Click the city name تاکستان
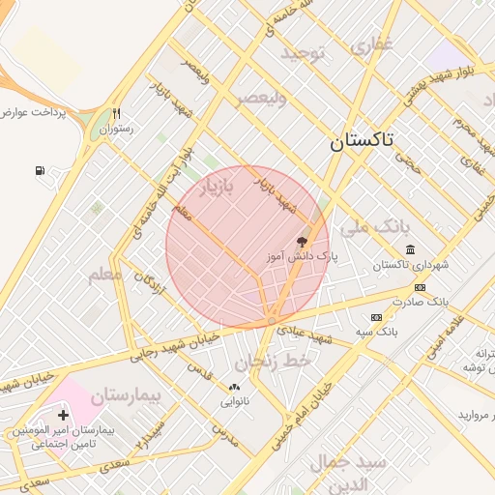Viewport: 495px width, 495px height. coord(362,140)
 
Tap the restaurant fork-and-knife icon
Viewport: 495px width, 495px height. coord(117,113)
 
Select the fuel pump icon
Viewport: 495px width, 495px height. coord(40,171)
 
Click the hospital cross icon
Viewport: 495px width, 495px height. coord(64,415)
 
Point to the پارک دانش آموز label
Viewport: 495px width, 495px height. coord(303,258)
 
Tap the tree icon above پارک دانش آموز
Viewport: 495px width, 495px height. coord(303,243)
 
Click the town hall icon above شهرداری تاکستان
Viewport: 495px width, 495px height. coord(409,250)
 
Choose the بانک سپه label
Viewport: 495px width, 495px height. coord(377,332)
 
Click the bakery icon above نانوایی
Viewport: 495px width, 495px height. coord(234,387)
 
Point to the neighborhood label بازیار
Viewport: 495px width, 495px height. coord(217,188)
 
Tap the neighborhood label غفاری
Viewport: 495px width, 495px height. coord(372,44)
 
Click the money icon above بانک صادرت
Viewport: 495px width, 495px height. coord(420,287)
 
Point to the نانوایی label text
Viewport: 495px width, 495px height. coord(234,401)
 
